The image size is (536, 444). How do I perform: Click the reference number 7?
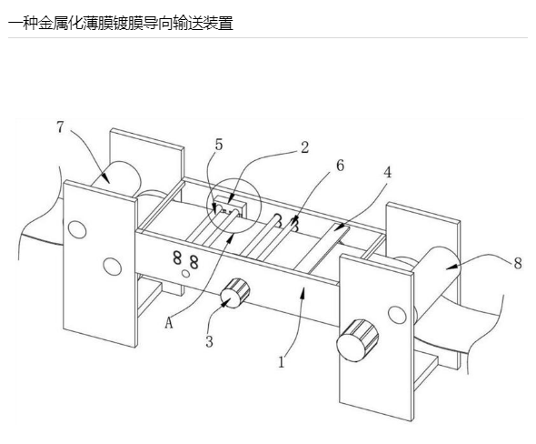click(60, 127)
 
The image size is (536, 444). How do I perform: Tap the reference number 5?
click(219, 145)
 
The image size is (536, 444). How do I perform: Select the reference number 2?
click(304, 147)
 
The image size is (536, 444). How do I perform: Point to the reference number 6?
click(340, 166)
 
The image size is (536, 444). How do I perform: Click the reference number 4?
click(387, 172)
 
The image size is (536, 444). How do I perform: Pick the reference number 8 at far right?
click(518, 263)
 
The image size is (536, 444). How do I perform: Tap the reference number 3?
click(209, 341)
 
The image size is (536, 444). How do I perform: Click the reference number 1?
click(282, 362)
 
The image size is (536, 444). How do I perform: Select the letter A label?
click(169, 322)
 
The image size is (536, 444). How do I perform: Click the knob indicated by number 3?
click(235, 293)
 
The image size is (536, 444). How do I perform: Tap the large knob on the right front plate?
click(357, 340)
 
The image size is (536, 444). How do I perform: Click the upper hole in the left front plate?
click(77, 229)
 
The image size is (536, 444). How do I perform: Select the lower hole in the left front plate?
click(113, 266)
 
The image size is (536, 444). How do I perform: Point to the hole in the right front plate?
click(397, 315)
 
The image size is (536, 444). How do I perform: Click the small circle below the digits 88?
click(186, 274)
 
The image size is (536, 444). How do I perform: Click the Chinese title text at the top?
click(121, 24)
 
